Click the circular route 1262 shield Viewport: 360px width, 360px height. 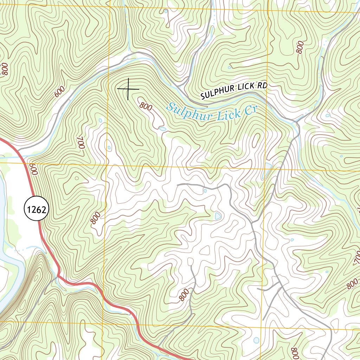pyautogui.click(x=36, y=210)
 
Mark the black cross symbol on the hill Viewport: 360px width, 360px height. pyautogui.click(x=128, y=89)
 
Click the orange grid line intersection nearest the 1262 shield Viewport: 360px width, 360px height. pyautogui.click(x=107, y=164)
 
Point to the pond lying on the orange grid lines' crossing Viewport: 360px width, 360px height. pyautogui.click(x=267, y=168)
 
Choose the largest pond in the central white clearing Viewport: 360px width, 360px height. pyautogui.click(x=218, y=216)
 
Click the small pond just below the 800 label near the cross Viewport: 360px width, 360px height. pyautogui.click(x=162, y=129)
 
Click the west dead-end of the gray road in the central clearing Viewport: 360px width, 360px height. pyautogui.click(x=178, y=184)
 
